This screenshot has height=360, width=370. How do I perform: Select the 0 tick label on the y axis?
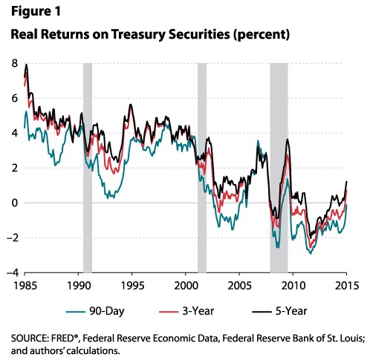pos(15,203)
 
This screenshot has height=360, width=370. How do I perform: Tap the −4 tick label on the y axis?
pos(13,272)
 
